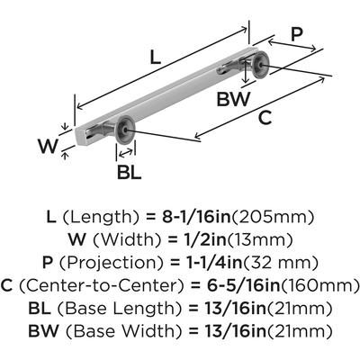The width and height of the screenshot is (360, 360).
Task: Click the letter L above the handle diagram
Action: [155, 58]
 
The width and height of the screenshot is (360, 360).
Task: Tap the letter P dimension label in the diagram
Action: [297, 34]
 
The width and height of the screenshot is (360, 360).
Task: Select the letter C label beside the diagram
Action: [265, 118]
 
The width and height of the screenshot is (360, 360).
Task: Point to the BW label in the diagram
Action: [233, 99]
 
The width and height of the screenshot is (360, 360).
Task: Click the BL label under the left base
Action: [129, 173]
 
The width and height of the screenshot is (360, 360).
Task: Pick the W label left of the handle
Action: [48, 147]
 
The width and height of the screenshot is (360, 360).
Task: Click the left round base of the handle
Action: [125, 130]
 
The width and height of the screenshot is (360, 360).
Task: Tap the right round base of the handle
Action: [260, 66]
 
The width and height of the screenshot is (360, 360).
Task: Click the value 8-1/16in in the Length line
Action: [196, 217]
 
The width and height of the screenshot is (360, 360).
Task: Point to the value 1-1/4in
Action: [213, 263]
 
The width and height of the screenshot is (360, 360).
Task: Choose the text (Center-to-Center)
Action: [102, 285]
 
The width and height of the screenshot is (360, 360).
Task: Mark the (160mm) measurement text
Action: [319, 285]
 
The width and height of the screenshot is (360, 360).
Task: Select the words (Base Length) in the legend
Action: [119, 309]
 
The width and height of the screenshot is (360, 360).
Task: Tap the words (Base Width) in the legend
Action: [123, 331]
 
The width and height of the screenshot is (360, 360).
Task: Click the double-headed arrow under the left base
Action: [126, 152]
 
